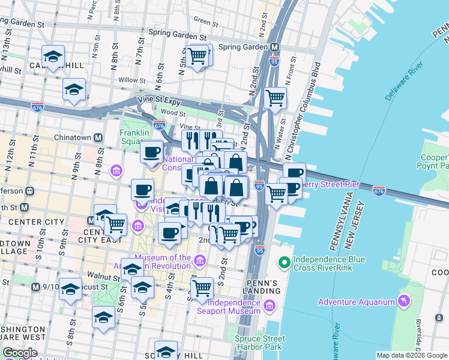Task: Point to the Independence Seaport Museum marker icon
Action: click(270, 307)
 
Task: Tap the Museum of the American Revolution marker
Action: click(199, 259)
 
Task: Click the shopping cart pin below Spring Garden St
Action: click(197, 56)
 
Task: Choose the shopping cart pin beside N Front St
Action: click(275, 97)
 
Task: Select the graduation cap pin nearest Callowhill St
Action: click(53, 58)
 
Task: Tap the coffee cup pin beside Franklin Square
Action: click(152, 151)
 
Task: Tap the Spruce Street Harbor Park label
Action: click(259, 343)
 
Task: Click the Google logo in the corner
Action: click(19, 353)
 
